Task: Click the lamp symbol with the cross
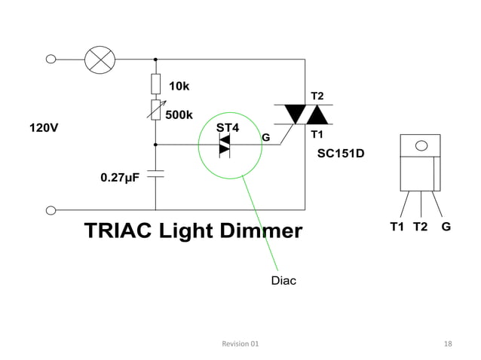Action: [97, 59]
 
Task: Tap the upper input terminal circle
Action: [51, 59]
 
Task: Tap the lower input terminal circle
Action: [51, 210]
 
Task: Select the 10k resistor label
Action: [179, 86]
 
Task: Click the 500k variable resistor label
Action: [179, 114]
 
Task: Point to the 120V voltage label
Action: [43, 127]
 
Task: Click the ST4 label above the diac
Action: [228, 127]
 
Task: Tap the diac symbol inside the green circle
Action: [225, 144]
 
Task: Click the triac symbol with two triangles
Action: [305, 115]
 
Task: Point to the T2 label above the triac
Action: [317, 96]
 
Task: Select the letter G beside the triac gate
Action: [265, 138]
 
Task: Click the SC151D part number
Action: [341, 154]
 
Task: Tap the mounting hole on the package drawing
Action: [421, 145]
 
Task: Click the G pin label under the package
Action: [447, 226]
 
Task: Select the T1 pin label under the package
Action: [397, 226]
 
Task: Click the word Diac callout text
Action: [283, 281]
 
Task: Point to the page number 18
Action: [448, 343]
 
